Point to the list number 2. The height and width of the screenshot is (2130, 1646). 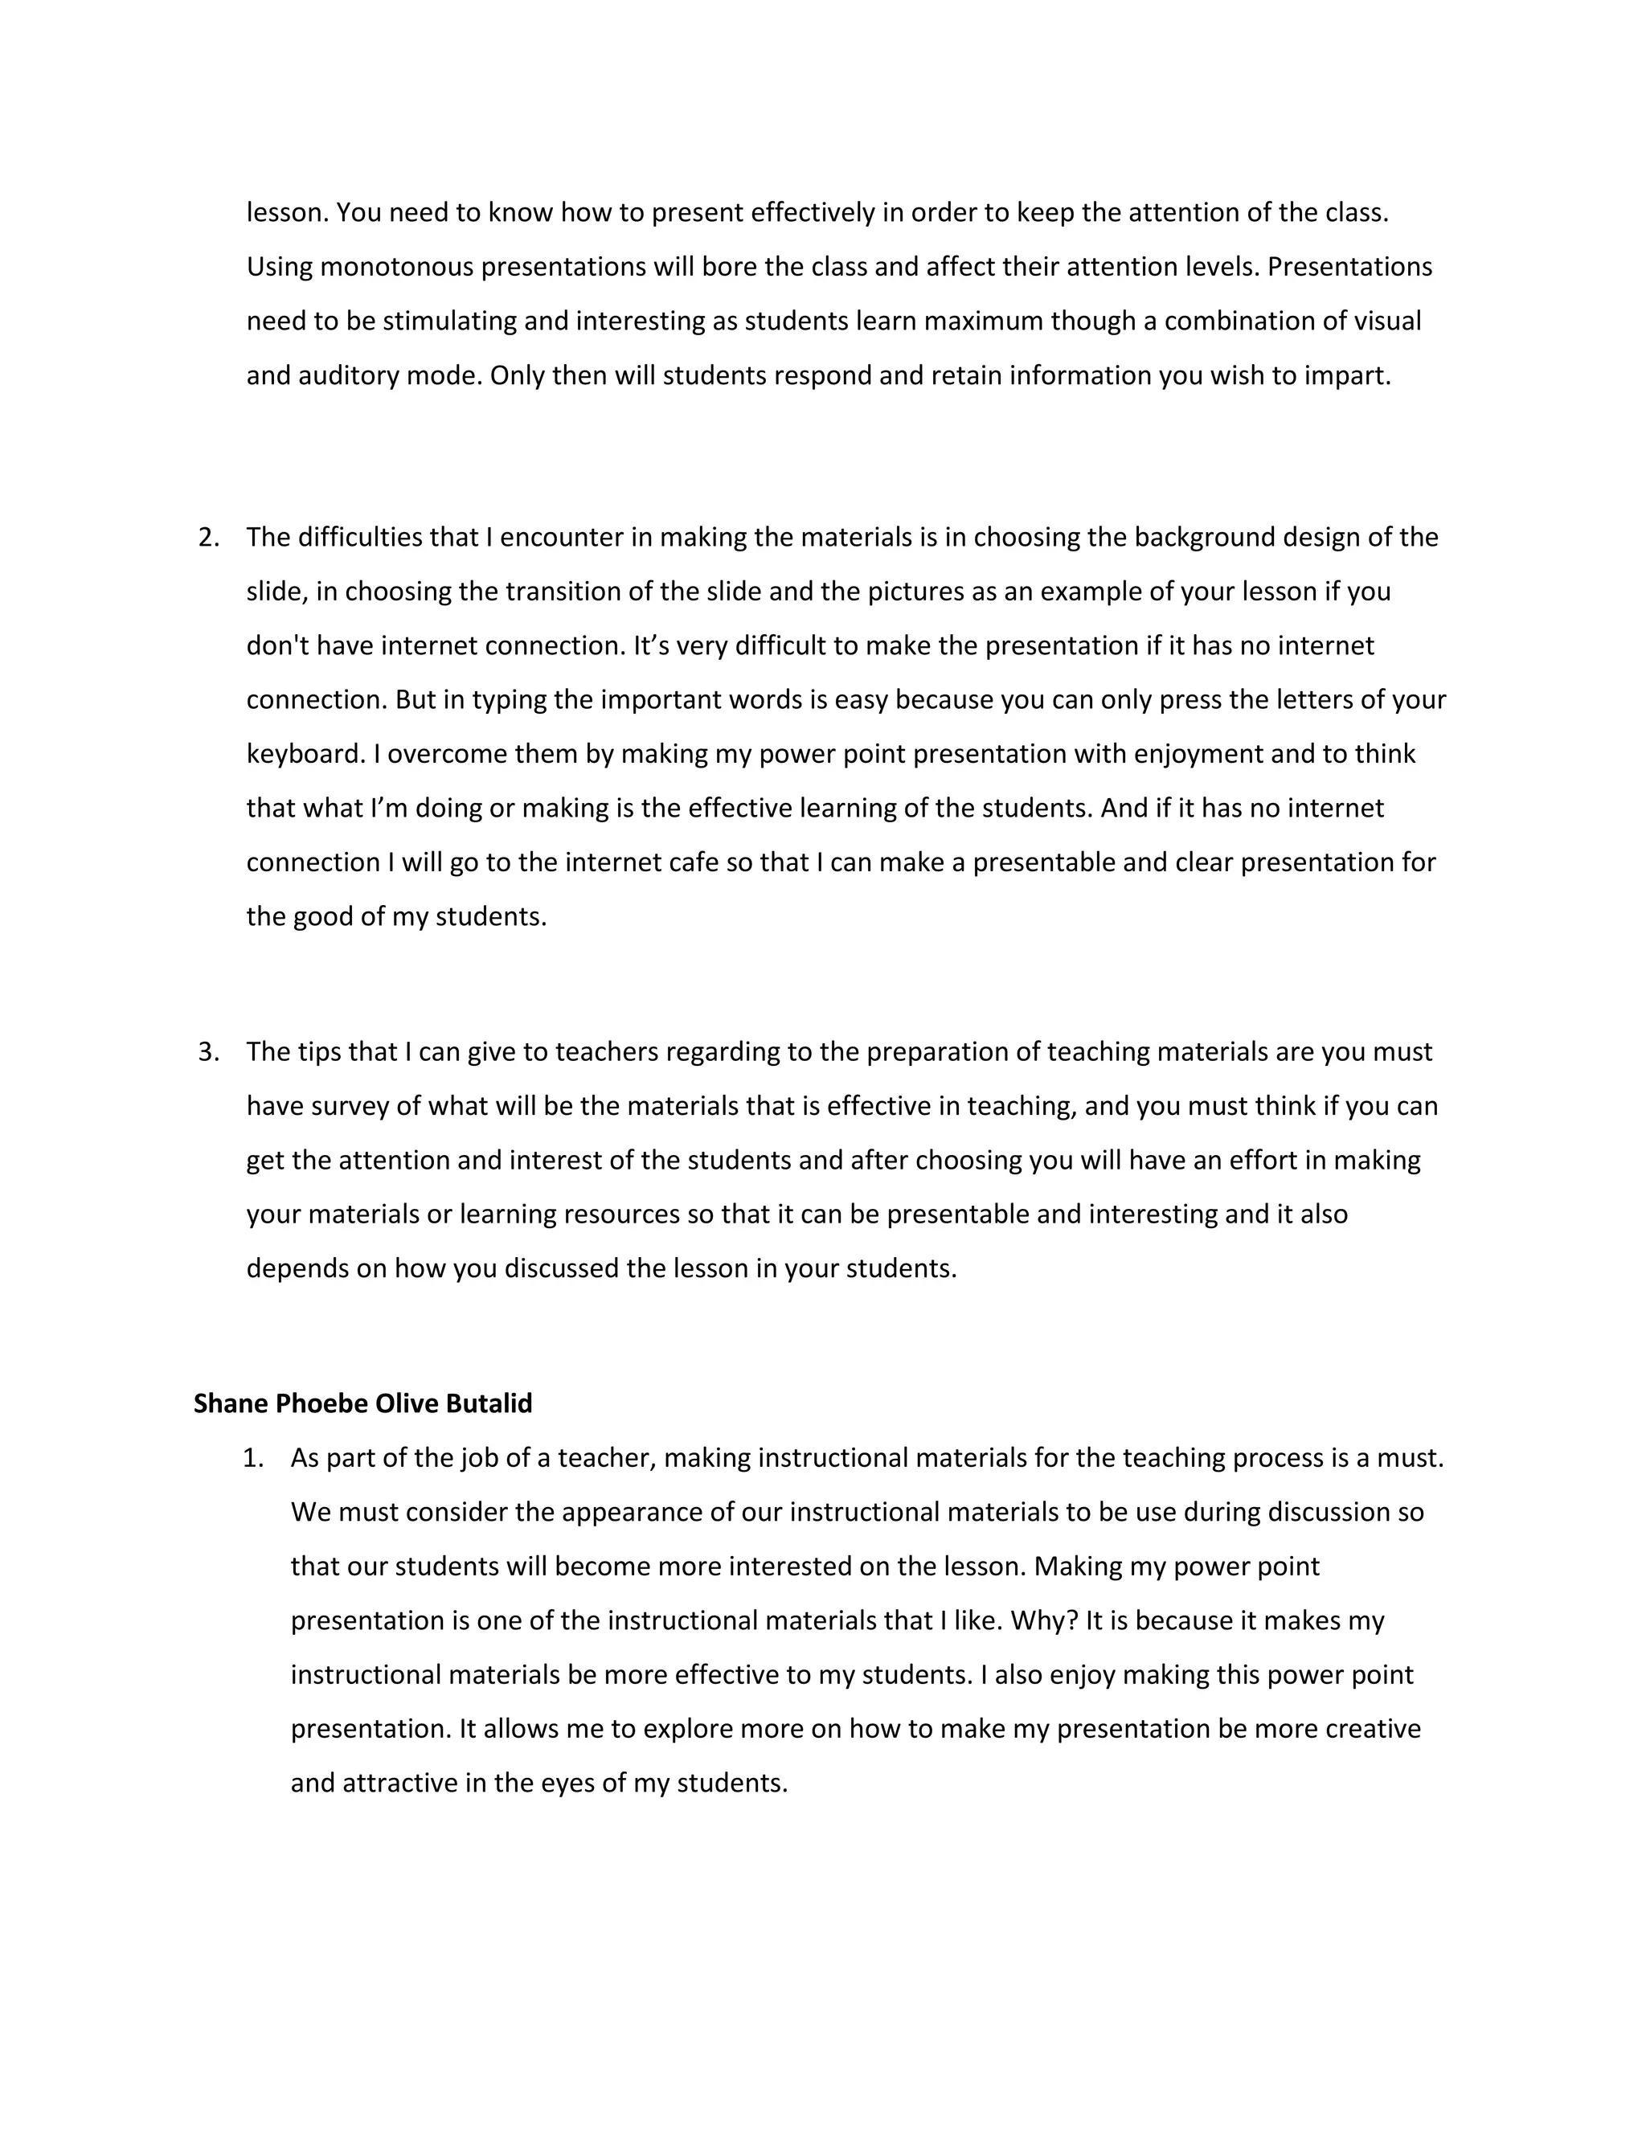pos(207,538)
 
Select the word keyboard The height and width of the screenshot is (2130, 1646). pos(305,754)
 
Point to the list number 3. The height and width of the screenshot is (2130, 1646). pos(207,1051)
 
